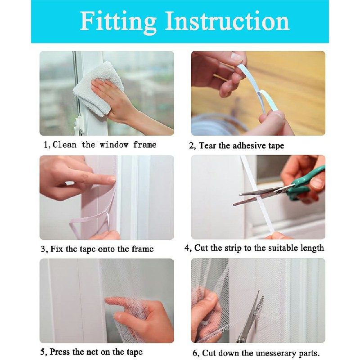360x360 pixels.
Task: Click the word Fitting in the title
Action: [x=117, y=21]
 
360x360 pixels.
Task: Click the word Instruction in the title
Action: [x=227, y=21]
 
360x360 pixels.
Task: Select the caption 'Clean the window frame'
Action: [x=104, y=145]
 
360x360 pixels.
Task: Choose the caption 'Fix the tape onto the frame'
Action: [x=100, y=249]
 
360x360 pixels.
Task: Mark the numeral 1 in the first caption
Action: [x=45, y=145]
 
